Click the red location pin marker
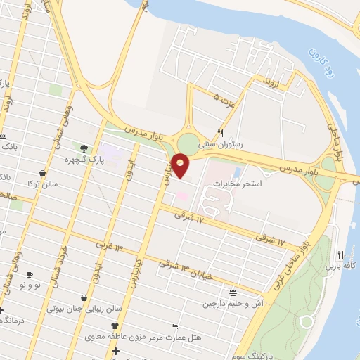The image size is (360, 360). click(x=181, y=166)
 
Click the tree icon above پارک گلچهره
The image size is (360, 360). click(x=84, y=148)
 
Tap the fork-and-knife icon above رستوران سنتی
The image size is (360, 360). click(x=220, y=132)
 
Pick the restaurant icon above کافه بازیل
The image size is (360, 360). click(x=341, y=254)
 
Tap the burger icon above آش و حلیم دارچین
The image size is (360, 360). click(x=233, y=292)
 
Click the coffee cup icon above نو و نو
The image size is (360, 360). click(x=30, y=274)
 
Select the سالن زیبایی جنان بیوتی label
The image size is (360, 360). click(x=79, y=308)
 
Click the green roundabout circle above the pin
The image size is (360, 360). click(x=188, y=143)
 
